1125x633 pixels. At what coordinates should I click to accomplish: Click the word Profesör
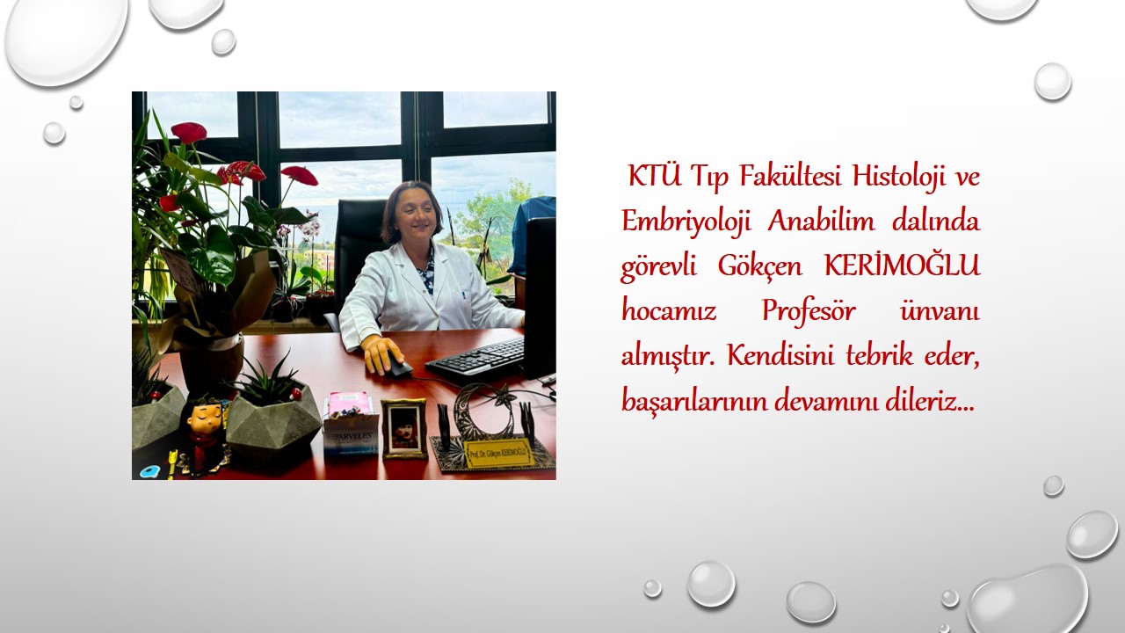(809, 310)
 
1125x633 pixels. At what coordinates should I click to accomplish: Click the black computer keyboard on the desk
(475, 357)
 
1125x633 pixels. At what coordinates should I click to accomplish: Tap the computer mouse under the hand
(398, 367)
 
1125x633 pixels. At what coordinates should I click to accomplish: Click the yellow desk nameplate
(498, 453)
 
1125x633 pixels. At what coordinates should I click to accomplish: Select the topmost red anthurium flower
(189, 132)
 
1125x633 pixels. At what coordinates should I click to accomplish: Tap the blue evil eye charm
(150, 472)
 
